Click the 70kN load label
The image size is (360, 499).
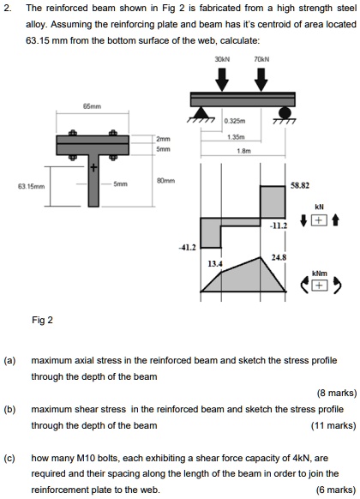tap(261, 60)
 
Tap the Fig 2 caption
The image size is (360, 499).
tap(43, 321)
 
